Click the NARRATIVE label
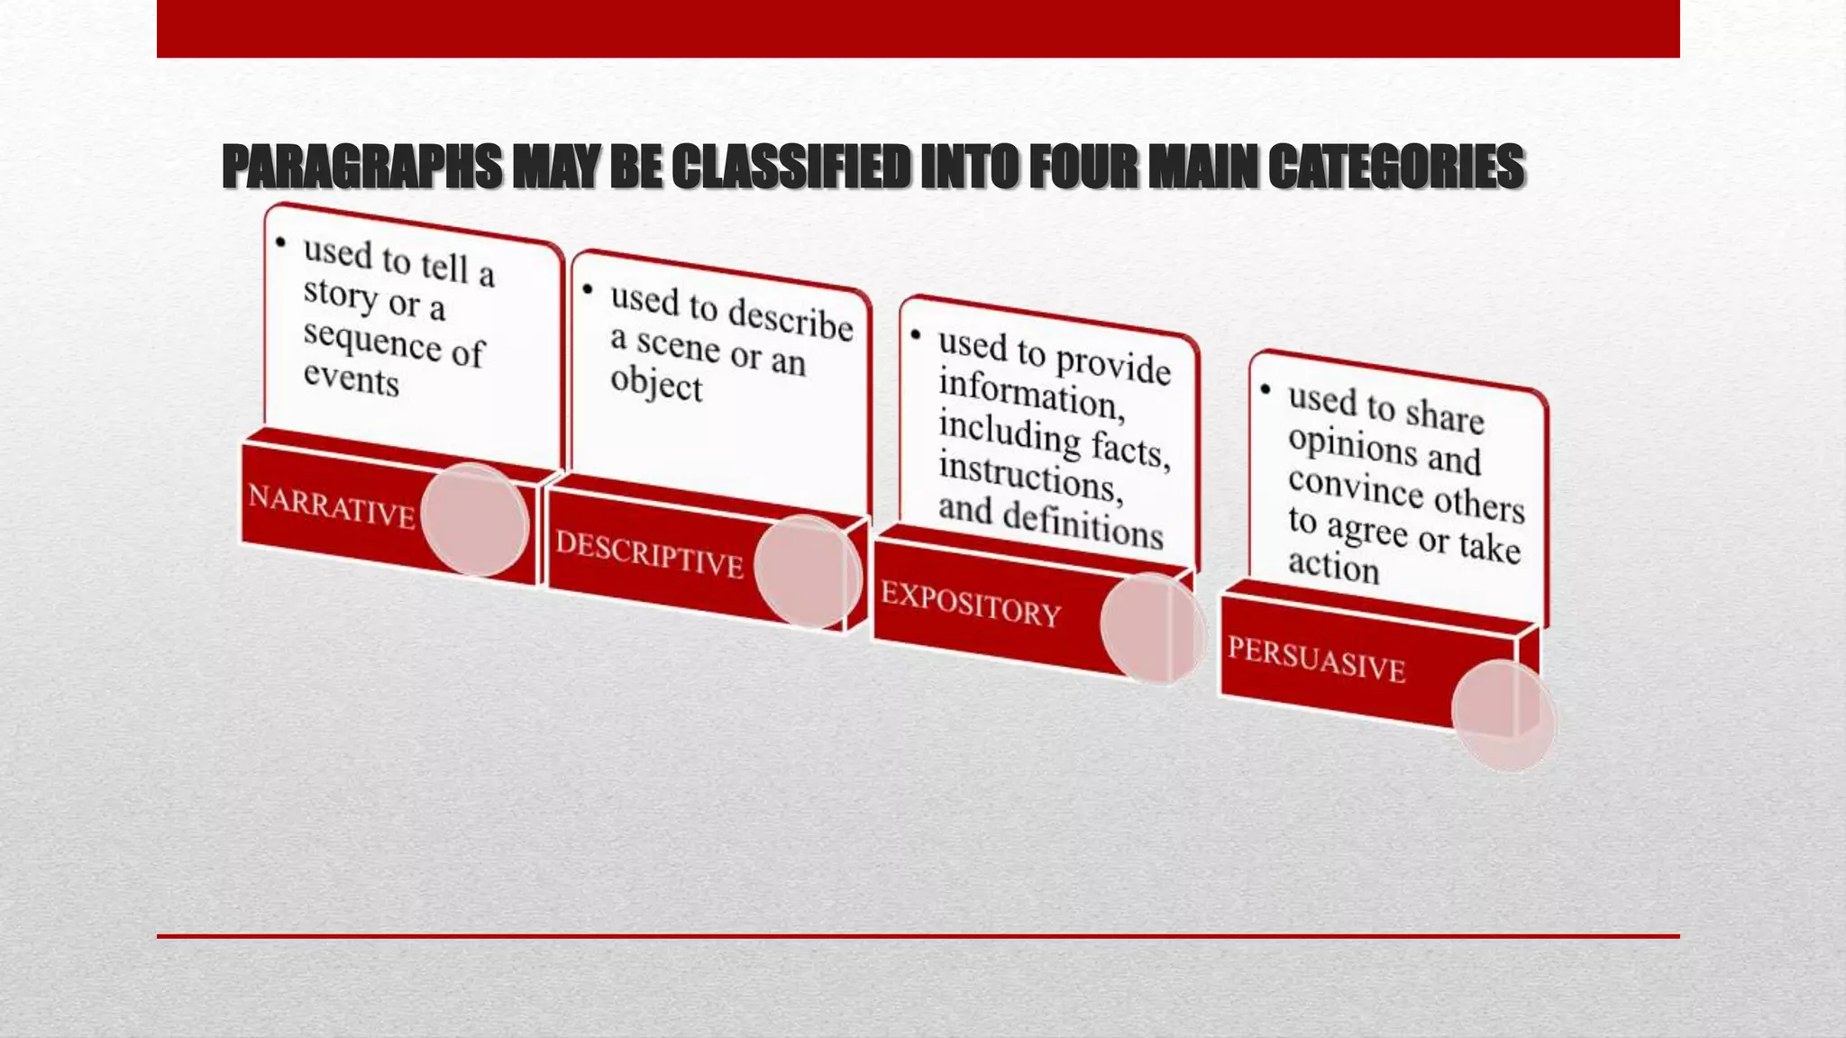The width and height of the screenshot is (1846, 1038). (x=331, y=505)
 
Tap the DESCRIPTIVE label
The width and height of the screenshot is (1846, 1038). (x=649, y=554)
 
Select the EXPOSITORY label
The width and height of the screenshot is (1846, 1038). (x=971, y=604)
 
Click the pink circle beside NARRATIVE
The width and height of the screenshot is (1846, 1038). (x=474, y=520)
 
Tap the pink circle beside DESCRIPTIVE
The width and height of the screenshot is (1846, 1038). (x=807, y=571)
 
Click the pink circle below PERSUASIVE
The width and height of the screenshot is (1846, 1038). (x=1503, y=715)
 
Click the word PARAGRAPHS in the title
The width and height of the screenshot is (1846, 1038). (x=361, y=168)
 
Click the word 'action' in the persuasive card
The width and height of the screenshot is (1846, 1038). (x=1333, y=567)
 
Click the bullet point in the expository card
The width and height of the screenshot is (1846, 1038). (x=916, y=334)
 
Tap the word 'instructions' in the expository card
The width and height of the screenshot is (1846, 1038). (x=1027, y=477)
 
